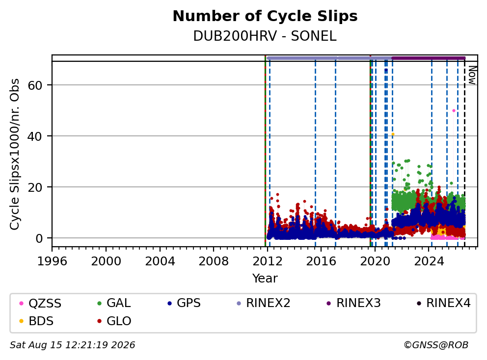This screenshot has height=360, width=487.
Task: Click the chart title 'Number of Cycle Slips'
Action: click(x=265, y=16)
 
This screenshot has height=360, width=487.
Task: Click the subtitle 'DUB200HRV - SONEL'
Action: click(x=265, y=36)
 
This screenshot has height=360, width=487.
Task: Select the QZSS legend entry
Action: click(x=40, y=303)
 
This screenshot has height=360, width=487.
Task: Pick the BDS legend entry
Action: click(x=36, y=321)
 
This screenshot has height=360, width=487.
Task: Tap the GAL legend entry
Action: click(x=114, y=303)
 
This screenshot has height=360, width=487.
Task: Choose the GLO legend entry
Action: click(x=114, y=321)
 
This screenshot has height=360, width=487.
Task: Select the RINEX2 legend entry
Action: click(x=263, y=303)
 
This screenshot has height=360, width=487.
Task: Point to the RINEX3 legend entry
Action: click(x=354, y=303)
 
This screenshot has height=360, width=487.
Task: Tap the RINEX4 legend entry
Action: click(x=443, y=303)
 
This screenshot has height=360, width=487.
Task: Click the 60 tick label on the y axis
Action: click(x=35, y=85)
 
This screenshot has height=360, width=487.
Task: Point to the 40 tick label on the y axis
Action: click(x=35, y=136)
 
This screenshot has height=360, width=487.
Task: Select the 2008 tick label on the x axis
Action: click(x=214, y=261)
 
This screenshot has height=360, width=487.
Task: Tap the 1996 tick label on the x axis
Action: click(x=52, y=261)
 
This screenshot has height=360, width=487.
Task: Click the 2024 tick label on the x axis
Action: click(x=429, y=261)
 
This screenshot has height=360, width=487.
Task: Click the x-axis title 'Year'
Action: click(x=265, y=279)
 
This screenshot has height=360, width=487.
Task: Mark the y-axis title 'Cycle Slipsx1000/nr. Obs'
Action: click(x=14, y=154)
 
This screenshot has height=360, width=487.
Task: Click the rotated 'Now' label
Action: click(x=472, y=75)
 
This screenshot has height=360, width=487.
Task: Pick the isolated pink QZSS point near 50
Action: click(x=454, y=110)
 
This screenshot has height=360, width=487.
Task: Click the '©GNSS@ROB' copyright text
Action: click(x=436, y=345)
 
